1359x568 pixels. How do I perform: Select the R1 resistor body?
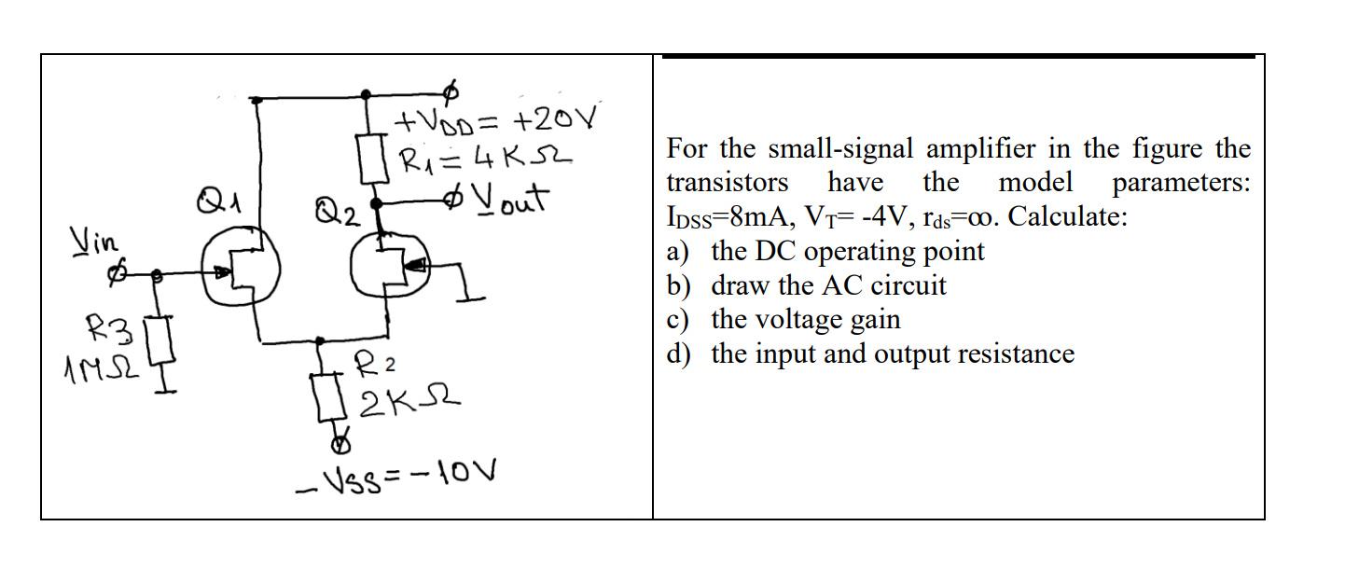[x=367, y=158]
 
